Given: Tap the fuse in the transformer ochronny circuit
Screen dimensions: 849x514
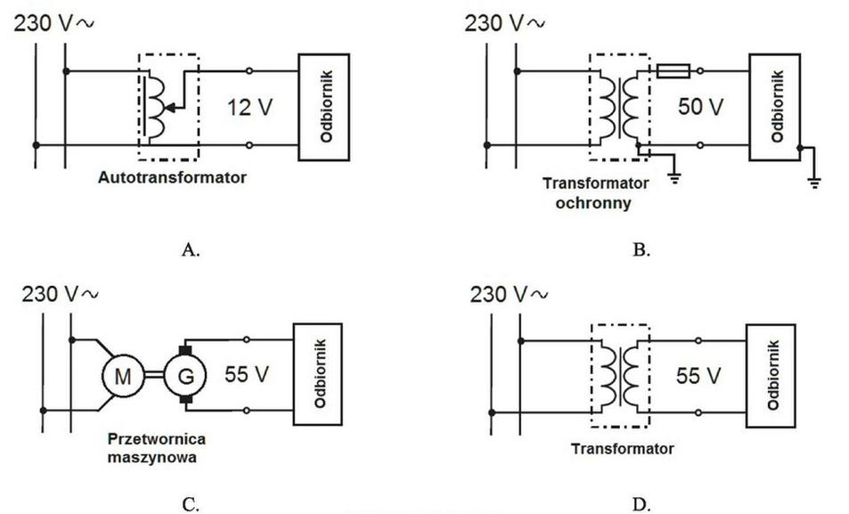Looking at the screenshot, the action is (673, 71).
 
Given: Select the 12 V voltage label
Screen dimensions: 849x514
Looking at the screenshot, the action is (249, 107).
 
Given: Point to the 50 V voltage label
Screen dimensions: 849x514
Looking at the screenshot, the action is (700, 107).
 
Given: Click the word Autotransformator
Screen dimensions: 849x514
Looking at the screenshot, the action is (172, 177).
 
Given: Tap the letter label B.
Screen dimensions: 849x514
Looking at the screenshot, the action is (641, 249).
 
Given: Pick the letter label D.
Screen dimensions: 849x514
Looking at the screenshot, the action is (641, 505).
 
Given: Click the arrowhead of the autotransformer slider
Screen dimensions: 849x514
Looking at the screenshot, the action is (169, 108).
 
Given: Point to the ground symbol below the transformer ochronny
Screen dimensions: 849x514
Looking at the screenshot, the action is (674, 177).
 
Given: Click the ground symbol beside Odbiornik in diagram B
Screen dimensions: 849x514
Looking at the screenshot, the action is (814, 183).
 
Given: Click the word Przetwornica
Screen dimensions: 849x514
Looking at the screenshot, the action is (157, 438).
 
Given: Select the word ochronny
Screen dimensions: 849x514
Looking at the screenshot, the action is (593, 204).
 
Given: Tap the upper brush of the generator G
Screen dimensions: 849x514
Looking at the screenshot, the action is (185, 350).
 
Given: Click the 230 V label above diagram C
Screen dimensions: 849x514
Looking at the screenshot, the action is (60, 294).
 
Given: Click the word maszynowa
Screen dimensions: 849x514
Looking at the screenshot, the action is (152, 457).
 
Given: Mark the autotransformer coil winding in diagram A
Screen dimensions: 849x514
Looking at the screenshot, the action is (156, 107).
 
